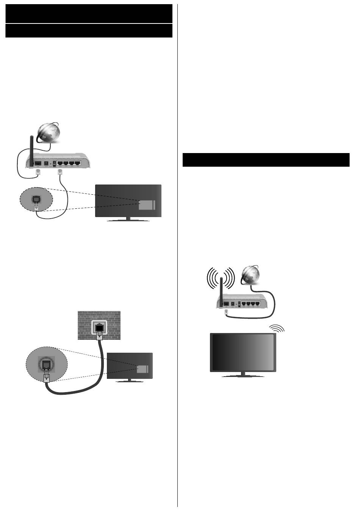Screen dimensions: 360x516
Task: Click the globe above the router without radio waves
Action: coord(49,132)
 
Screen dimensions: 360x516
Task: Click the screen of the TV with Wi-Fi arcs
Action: coord(243,352)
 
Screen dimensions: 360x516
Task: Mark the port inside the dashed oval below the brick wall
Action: coord(46,365)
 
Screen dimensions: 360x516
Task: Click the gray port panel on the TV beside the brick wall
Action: coord(143,370)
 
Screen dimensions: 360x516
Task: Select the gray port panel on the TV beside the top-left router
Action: coord(146,205)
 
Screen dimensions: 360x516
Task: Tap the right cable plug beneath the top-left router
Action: coord(59,172)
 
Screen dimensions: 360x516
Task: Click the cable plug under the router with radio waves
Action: coord(227,311)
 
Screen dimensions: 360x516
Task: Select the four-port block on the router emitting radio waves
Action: coord(250,303)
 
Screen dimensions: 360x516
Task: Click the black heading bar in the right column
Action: coord(266,160)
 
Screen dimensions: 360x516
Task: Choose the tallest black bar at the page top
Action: coord(89,14)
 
